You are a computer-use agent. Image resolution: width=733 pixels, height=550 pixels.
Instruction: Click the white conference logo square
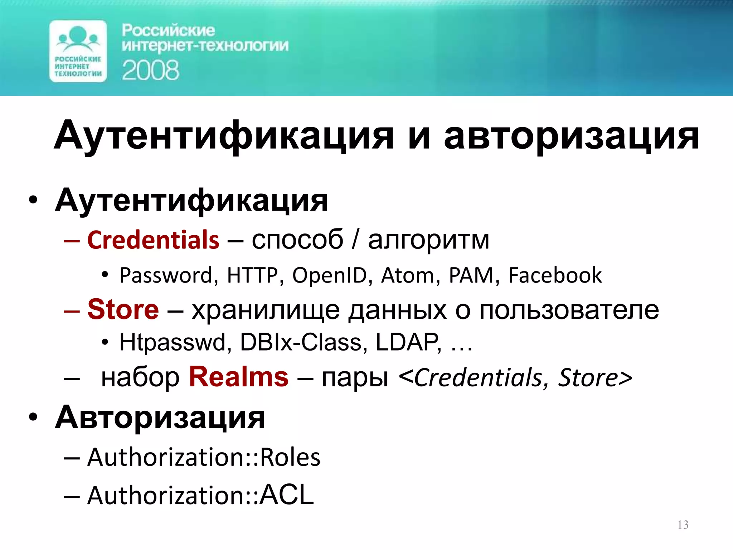pos(78,51)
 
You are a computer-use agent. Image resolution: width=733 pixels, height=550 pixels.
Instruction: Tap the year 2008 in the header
pos(150,70)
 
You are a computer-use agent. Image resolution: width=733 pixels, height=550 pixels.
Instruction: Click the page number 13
pos(683,525)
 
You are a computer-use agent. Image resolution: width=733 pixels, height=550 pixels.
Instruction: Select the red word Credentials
pos(153,240)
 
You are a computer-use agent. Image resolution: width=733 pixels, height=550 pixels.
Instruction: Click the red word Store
pos(123,309)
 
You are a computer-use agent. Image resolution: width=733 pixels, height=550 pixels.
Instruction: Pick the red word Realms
pos(239,377)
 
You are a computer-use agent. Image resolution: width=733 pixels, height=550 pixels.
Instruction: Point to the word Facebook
pos(555,275)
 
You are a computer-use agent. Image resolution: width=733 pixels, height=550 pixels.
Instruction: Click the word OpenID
pos(330,275)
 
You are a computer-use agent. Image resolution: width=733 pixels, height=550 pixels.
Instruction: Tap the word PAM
pos(471,275)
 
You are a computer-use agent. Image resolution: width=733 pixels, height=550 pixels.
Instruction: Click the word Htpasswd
pos(172,342)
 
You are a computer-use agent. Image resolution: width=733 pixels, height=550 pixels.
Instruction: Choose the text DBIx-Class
pos(300,342)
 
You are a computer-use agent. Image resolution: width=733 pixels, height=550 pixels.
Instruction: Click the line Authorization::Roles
pos(204,457)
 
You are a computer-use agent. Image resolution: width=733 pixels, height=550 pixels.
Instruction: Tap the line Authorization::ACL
pos(200,495)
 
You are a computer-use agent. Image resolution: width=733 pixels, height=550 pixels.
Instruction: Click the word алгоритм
pos(428,240)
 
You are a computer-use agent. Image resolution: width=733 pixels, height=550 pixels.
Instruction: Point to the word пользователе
pos(569,309)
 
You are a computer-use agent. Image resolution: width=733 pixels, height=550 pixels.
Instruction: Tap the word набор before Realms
pos(140,377)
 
